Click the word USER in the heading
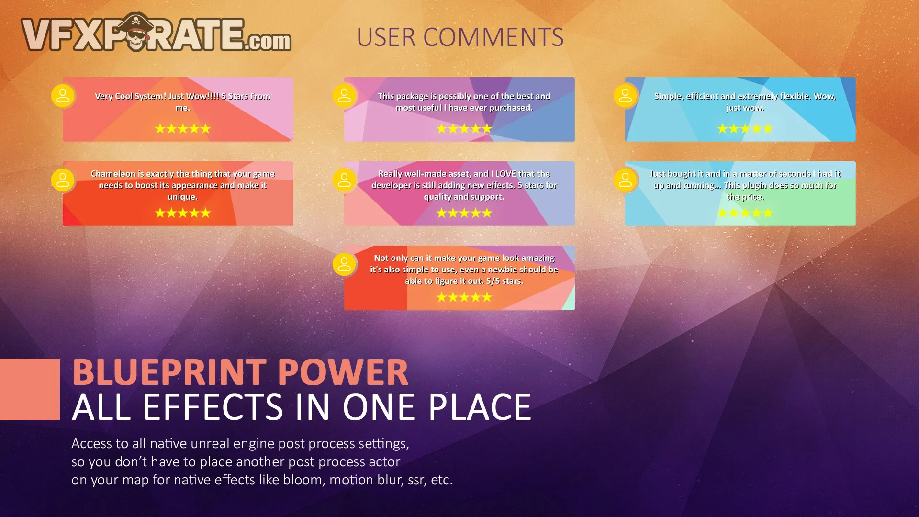[x=386, y=37]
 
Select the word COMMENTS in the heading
[x=493, y=37]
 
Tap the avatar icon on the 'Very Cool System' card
[x=63, y=96]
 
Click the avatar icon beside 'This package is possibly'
[x=345, y=96]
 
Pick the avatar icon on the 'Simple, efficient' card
[x=626, y=96]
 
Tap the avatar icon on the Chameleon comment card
[x=63, y=180]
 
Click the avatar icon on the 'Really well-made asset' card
[x=345, y=180]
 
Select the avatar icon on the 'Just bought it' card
[x=626, y=180]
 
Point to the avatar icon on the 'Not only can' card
[x=345, y=264]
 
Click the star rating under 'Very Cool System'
[x=183, y=129]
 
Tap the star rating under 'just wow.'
[x=745, y=129]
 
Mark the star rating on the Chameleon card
[x=183, y=213]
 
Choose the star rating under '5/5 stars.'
[x=464, y=297]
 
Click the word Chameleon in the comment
[x=113, y=174]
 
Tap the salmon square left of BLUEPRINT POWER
[x=30, y=389]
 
